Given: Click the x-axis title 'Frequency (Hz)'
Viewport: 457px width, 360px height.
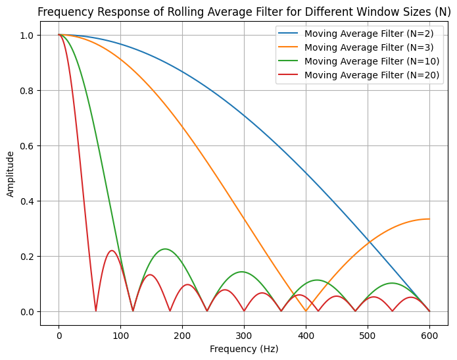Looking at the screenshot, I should pos(244,349).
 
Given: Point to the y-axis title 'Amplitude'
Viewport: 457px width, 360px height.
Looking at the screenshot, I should pos(11,174).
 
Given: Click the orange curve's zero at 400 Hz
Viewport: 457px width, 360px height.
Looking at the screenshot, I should pos(306,311).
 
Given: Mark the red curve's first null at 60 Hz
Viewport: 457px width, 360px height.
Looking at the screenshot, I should pos(96,311).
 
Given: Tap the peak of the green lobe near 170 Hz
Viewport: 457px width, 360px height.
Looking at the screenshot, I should pos(164,249).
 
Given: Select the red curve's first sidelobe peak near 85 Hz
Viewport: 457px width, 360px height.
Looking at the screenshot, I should pos(112,251).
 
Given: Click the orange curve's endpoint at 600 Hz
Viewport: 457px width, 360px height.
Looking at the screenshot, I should pos(429,219).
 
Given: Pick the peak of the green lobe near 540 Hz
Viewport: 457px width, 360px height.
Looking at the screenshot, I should pos(393,283).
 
